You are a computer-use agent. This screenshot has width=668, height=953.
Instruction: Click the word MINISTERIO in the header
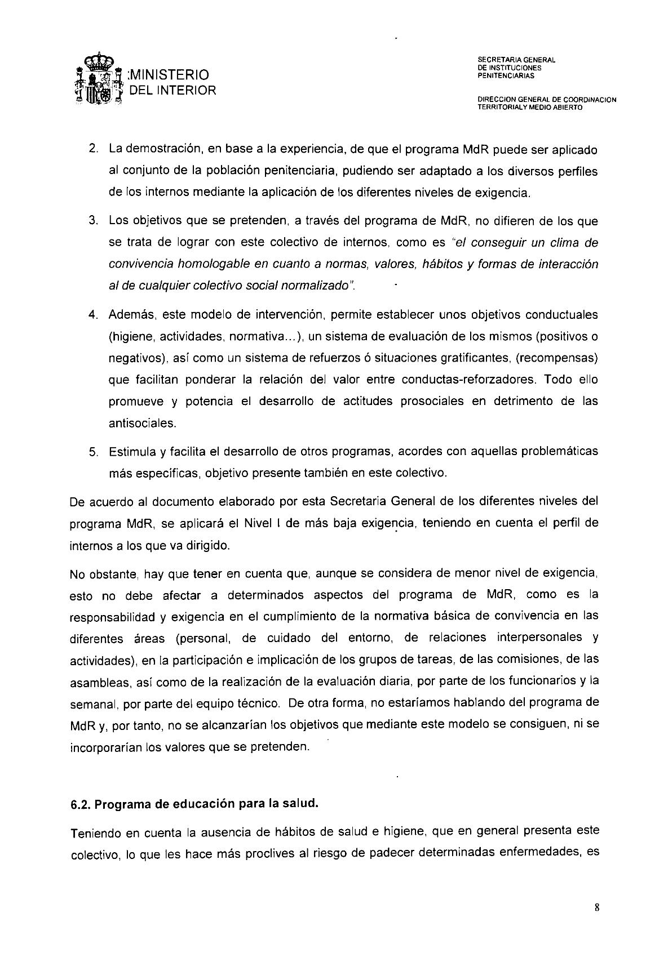click(x=169, y=75)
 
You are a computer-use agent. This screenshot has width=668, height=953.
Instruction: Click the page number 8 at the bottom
click(x=596, y=907)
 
